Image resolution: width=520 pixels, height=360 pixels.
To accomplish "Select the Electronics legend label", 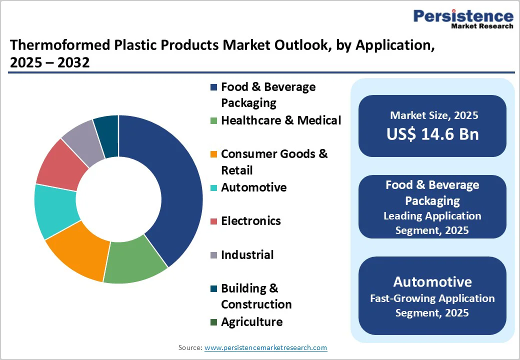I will (250, 221).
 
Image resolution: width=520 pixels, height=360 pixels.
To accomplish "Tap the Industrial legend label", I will (247, 255).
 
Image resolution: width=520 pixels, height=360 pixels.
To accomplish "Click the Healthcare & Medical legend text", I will (281, 120).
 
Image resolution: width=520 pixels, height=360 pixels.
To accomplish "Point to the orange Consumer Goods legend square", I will (213, 154).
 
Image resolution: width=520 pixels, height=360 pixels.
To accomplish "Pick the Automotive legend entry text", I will (253, 187).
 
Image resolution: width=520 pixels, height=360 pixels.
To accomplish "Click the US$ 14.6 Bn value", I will (432, 134).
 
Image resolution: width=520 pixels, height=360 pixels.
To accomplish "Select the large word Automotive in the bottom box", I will (432, 281).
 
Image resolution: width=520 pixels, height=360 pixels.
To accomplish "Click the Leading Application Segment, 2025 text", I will (432, 223).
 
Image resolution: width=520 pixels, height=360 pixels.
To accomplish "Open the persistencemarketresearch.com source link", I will (265, 347).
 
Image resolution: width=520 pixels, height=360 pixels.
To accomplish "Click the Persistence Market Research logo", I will (463, 19).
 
